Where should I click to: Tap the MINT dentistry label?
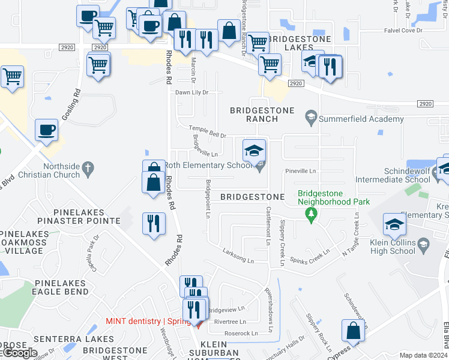pos(133,321)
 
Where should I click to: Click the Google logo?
pos(19,353)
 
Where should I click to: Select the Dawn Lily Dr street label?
pos(191,92)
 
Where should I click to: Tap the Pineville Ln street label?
pos(300,171)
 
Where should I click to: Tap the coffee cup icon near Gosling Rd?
pos(47,130)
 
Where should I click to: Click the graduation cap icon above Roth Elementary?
pos(254,150)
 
